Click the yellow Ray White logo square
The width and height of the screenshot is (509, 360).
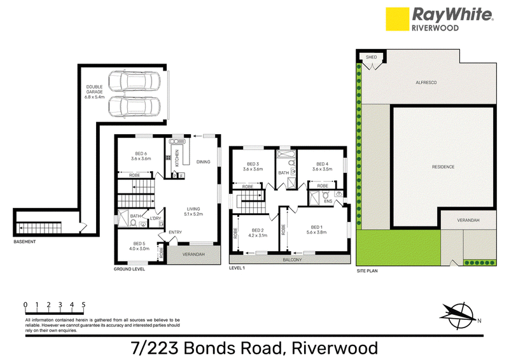pyautogui.click(x=397, y=19)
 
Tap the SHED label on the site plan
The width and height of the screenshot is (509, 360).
pyautogui.click(x=372, y=57)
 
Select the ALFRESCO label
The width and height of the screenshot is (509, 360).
pyautogui.click(x=426, y=83)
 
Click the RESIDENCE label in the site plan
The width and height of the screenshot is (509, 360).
pyautogui.click(x=443, y=167)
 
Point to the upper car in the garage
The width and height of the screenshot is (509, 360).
pyautogui.click(x=134, y=81)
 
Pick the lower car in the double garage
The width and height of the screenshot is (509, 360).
pyautogui.click(x=134, y=106)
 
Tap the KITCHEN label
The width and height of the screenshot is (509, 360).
pyautogui.click(x=177, y=158)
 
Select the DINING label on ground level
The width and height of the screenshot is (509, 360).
pyautogui.click(x=203, y=162)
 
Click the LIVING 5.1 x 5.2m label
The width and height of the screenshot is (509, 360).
pyautogui.click(x=193, y=211)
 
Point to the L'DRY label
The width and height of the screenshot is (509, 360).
pyautogui.click(x=156, y=218)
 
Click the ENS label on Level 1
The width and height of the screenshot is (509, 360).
pyautogui.click(x=328, y=201)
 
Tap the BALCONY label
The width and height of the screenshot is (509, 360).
pyautogui.click(x=292, y=260)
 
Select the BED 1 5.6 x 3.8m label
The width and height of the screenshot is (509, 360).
pyautogui.click(x=316, y=230)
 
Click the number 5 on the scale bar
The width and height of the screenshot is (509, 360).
pyautogui.click(x=83, y=305)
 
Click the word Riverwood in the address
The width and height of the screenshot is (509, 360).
pyautogui.click(x=335, y=349)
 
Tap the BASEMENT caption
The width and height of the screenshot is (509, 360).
pyautogui.click(x=25, y=242)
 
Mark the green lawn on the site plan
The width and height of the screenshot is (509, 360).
pyautogui.click(x=398, y=247)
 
